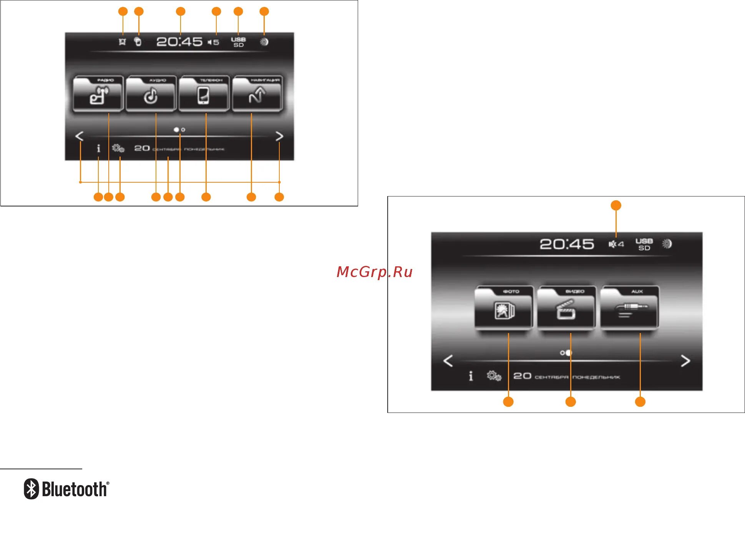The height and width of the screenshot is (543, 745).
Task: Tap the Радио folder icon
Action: [98, 94]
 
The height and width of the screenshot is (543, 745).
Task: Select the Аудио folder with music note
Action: [151, 94]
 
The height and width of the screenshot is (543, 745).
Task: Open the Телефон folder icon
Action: [204, 94]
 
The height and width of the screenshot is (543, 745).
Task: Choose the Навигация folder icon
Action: [257, 94]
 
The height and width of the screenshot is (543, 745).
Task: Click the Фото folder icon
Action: [504, 308]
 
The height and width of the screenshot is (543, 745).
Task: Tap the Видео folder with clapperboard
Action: [566, 308]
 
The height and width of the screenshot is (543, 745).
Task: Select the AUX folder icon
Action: [630, 308]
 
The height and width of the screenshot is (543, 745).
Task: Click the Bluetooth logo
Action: [66, 489]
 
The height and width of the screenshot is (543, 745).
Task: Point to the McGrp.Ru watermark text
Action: [374, 272]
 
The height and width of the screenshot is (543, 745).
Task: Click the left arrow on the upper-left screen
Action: [80, 136]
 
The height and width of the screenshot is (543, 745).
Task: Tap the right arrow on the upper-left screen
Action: [279, 136]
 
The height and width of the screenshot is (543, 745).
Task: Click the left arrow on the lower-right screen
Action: [448, 361]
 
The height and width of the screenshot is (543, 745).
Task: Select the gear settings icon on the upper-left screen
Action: [118, 148]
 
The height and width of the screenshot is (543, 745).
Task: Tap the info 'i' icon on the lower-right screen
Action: [471, 376]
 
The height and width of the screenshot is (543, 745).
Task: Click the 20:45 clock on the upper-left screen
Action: [179, 41]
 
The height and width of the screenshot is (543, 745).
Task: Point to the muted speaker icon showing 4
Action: [616, 244]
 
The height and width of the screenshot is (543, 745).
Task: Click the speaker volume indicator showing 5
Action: [213, 42]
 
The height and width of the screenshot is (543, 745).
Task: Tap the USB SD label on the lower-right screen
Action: [644, 244]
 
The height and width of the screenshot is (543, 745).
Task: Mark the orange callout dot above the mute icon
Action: [616, 205]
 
